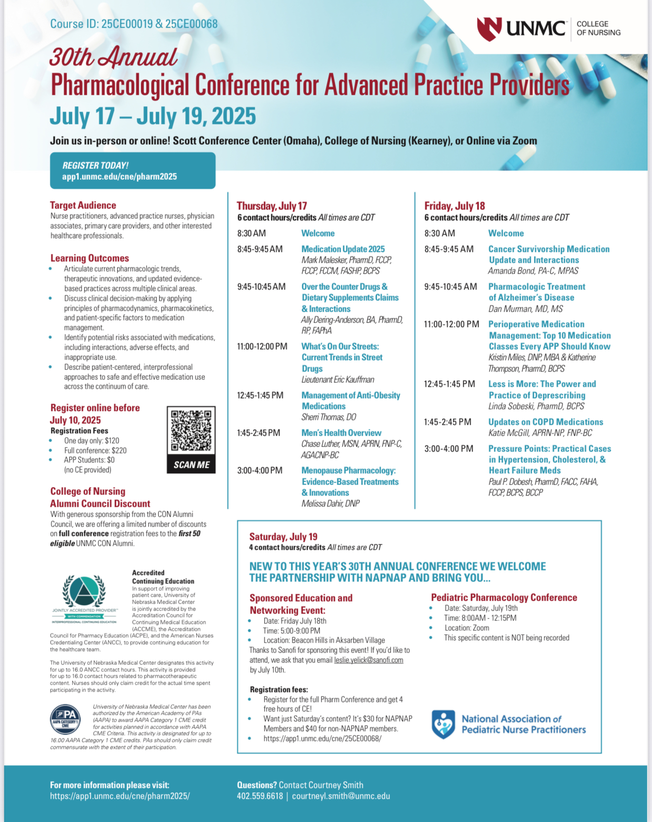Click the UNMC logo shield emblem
[x=489, y=29]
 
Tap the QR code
[x=191, y=431]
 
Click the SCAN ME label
[x=191, y=465]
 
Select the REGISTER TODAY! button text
[x=95, y=165]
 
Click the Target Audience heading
[x=83, y=205]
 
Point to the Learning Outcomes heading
[x=89, y=258]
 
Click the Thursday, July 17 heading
[x=272, y=206]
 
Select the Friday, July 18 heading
[x=454, y=206]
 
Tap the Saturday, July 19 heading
[x=283, y=536]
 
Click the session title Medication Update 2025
[x=343, y=249]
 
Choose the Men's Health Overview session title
[x=341, y=433]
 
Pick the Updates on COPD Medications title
[x=545, y=422]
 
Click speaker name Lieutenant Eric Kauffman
[x=338, y=379]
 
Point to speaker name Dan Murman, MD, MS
[x=525, y=309]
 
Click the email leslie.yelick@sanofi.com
[x=368, y=660]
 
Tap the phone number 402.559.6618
[x=260, y=796]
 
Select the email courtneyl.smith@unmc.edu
[x=341, y=796]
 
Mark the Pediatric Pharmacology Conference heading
[x=504, y=597]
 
